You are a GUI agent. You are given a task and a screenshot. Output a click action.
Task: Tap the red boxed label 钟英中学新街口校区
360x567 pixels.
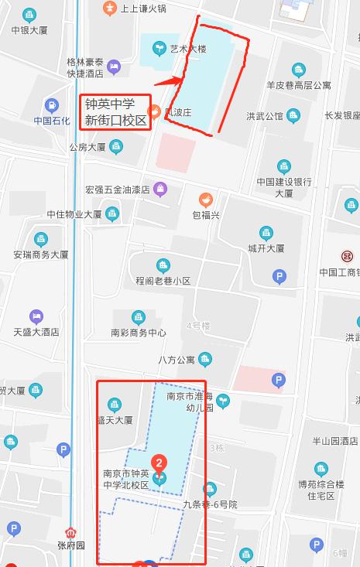pyautogui.click(x=115, y=112)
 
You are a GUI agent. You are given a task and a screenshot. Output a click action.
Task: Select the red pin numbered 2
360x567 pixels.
pyautogui.click(x=159, y=463)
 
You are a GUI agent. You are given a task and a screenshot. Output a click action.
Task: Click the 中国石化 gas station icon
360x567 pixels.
pyautogui.click(x=52, y=106)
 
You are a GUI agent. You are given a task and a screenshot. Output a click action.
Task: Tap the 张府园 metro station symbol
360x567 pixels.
pyautogui.click(x=72, y=533)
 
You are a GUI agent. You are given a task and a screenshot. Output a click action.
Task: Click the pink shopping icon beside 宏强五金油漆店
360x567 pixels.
pyautogui.click(x=159, y=188)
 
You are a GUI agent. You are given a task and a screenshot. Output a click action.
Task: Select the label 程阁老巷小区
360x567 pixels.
pyautogui.click(x=163, y=281)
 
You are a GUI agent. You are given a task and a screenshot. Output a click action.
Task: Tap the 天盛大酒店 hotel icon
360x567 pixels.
pyautogui.click(x=36, y=316)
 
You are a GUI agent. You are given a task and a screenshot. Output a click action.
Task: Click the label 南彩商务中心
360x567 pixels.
pyautogui.click(x=139, y=333)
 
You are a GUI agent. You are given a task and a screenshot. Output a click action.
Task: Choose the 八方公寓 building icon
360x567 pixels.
pyautogui.click(x=205, y=359)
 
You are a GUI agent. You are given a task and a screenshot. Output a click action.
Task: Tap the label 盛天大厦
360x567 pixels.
pyautogui.click(x=115, y=420)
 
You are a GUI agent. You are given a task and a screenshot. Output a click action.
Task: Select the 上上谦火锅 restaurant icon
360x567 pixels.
pyautogui.click(x=109, y=8)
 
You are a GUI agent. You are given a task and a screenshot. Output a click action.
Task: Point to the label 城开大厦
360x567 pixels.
pyautogui.click(x=266, y=248)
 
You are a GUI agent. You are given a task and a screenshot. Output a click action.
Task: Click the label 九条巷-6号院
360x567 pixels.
pyautogui.click(x=210, y=504)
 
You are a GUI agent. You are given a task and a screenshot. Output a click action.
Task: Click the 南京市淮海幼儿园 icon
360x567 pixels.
pyautogui.click(x=223, y=400)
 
